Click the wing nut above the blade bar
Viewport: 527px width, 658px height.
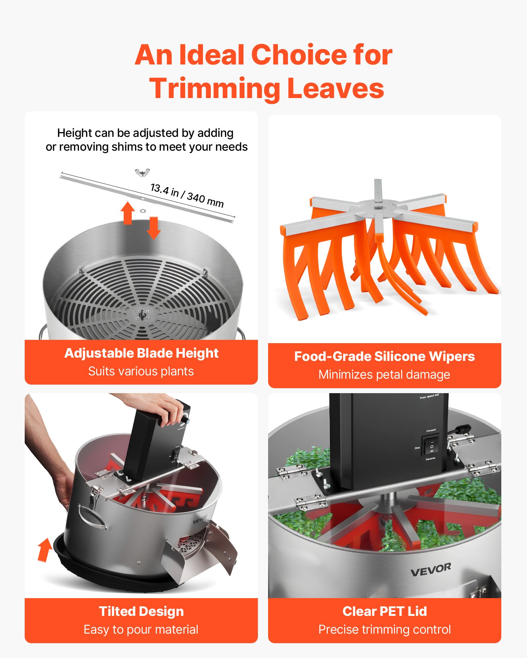[142, 172]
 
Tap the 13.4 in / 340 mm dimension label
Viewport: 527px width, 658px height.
[187, 195]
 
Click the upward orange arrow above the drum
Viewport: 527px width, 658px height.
[128, 213]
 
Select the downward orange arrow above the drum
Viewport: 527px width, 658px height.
[153, 228]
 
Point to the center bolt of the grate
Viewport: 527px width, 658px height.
[142, 315]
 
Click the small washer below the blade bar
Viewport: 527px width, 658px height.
[143, 211]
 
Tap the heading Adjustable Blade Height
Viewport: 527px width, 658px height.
[141, 353]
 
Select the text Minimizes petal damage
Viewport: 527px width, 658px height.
[384, 374]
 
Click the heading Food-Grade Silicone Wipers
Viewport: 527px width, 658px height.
[384, 356]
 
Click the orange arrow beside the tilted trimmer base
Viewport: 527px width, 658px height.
[44, 549]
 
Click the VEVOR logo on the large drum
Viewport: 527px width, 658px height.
[431, 569]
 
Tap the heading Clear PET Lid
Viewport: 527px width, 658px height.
[384, 611]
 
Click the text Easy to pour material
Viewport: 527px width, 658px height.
[141, 629]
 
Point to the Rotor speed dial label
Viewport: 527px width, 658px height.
[429, 396]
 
